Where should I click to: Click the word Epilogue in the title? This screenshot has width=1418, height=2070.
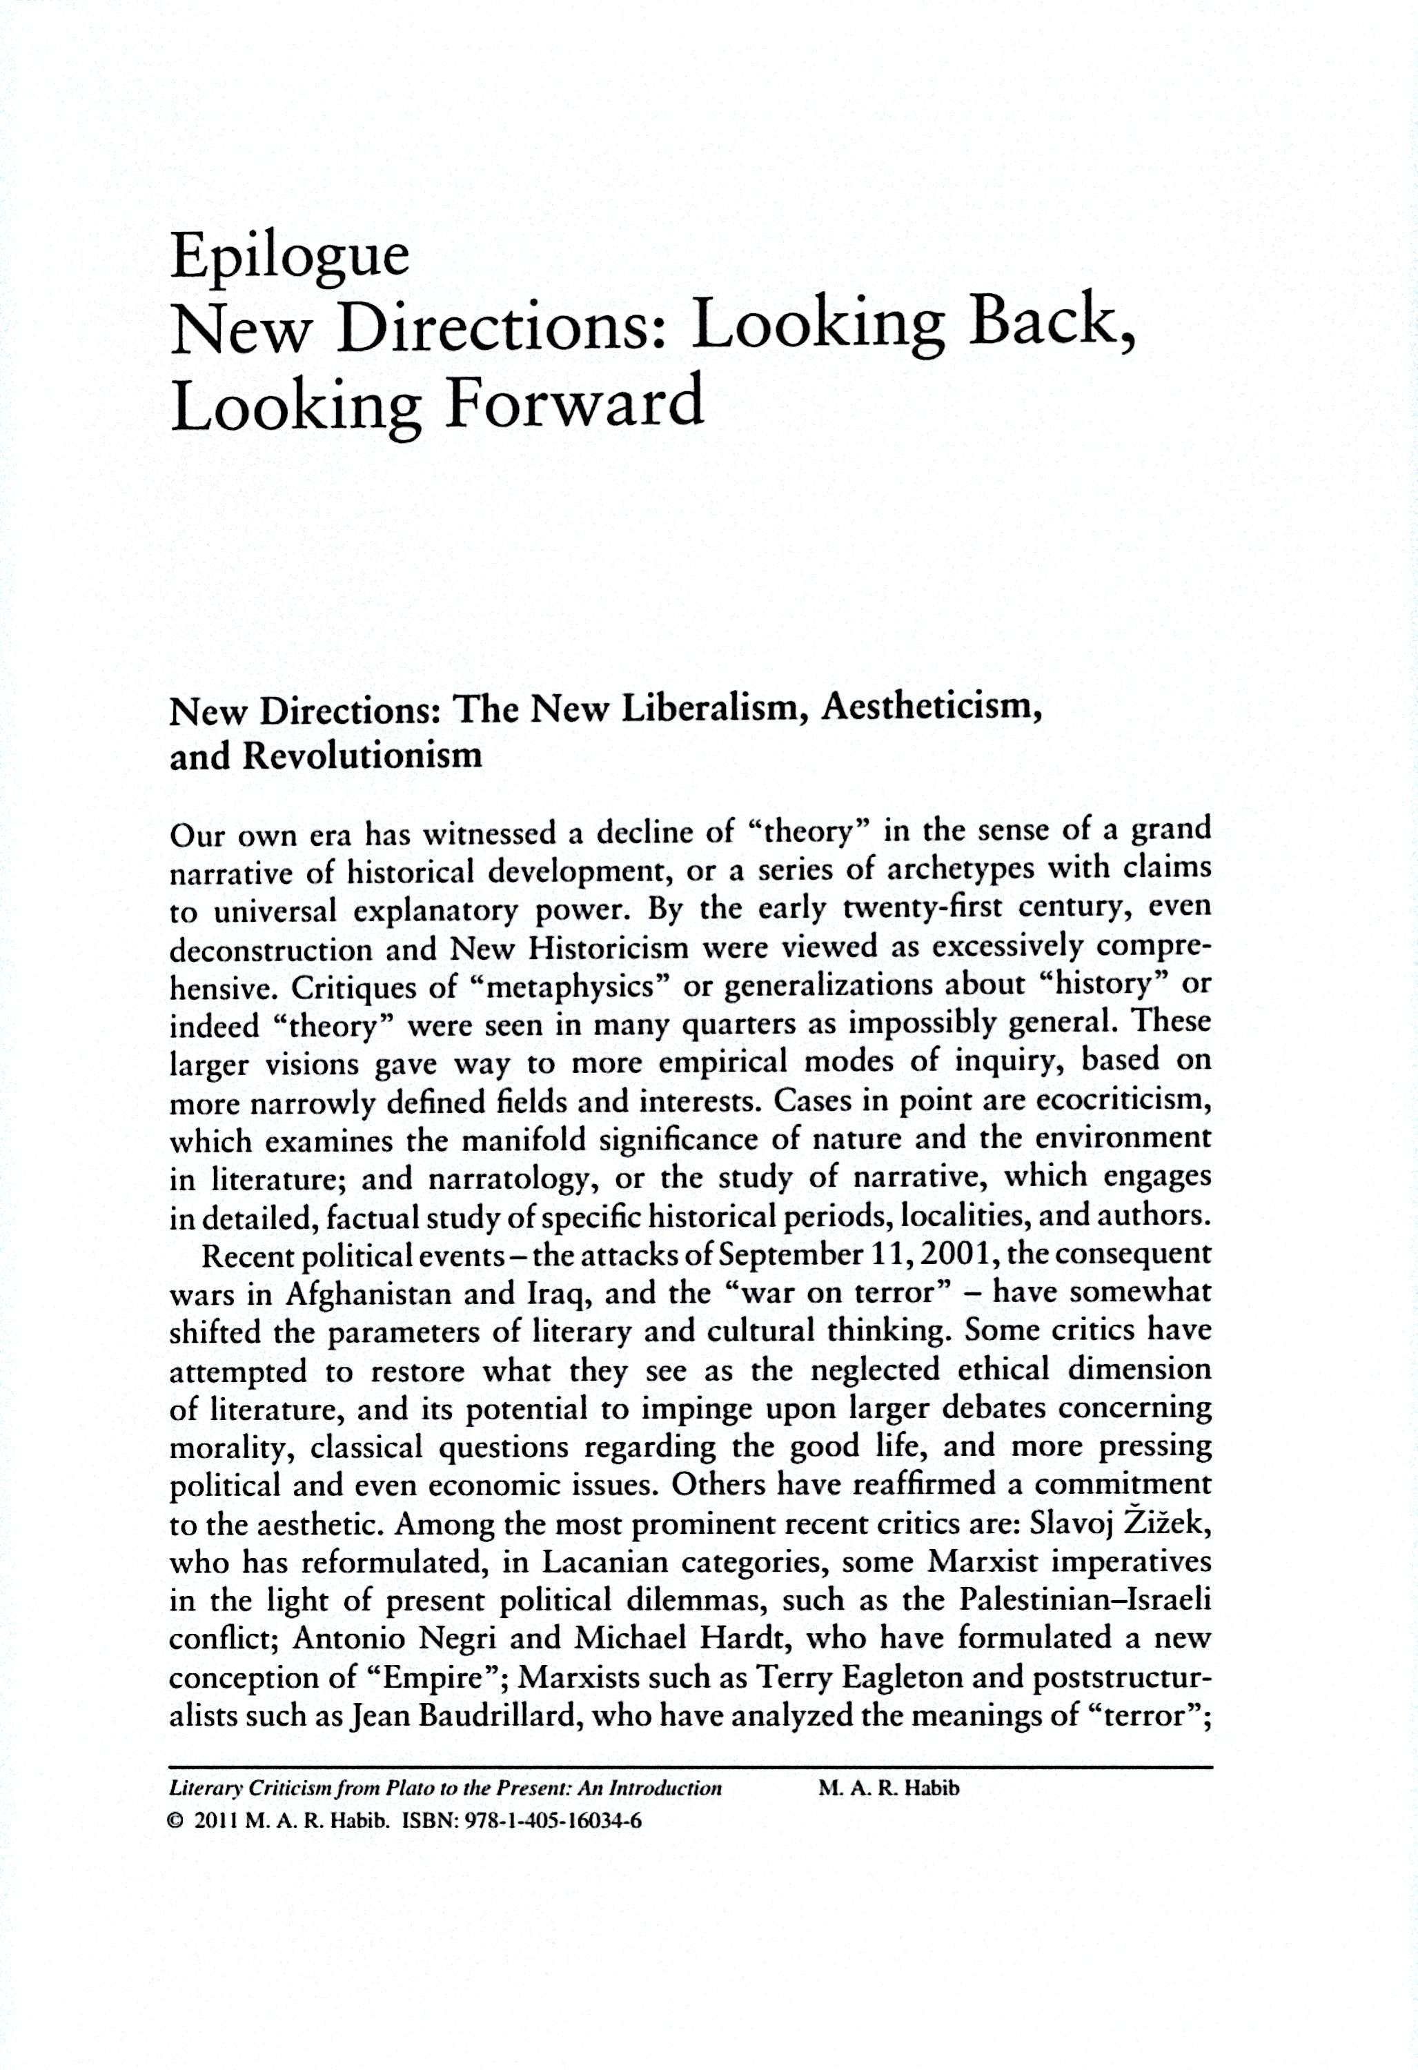tap(290, 257)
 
